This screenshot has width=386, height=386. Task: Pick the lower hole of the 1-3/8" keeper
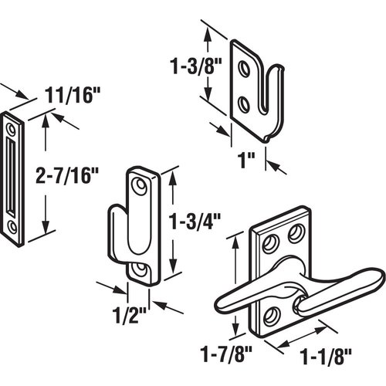(x=245, y=101)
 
